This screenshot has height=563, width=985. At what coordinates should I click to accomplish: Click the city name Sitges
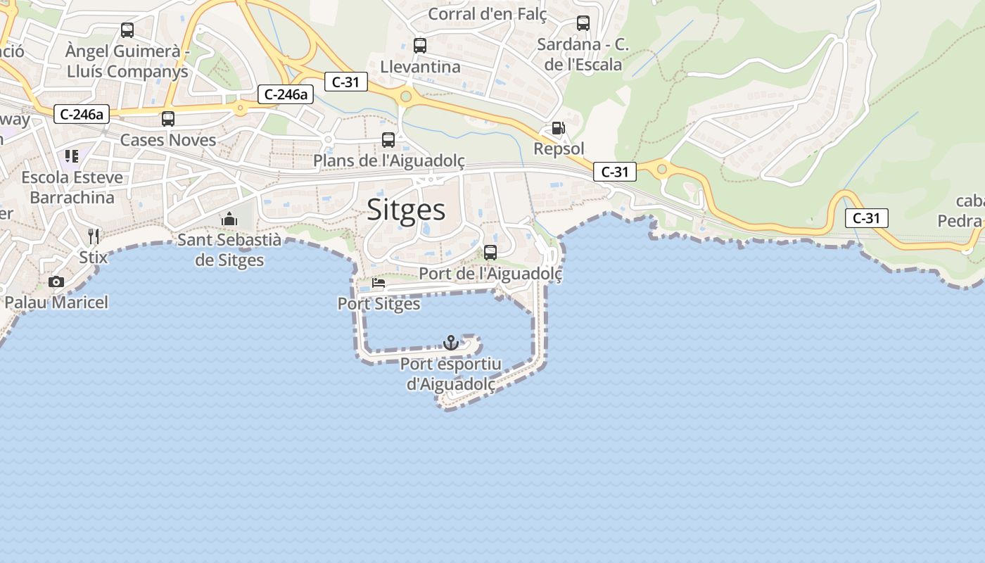[407, 210]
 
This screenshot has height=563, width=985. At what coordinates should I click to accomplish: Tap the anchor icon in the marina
[450, 343]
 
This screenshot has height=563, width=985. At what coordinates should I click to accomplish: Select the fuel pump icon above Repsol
[558, 128]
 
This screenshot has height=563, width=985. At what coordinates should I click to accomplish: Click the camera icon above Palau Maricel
[56, 281]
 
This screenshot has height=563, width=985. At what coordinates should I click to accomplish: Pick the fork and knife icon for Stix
[94, 236]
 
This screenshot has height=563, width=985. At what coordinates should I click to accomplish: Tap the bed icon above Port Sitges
[378, 284]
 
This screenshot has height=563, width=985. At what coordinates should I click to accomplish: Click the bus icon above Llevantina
[420, 46]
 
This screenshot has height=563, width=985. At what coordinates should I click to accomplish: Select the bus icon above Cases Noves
[167, 119]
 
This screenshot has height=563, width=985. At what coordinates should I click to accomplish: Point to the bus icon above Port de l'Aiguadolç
[490, 252]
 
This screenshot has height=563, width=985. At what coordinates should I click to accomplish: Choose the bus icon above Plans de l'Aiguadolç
[388, 139]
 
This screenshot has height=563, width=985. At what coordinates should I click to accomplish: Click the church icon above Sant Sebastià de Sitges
[229, 219]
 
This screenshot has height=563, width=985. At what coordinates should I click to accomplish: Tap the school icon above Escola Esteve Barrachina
[72, 156]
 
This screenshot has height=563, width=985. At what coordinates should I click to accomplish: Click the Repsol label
[559, 148]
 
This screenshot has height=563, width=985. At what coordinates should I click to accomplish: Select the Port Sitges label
[379, 304]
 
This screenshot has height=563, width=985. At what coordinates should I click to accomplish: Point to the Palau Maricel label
[56, 303]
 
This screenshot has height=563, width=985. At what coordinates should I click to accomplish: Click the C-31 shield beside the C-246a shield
[345, 82]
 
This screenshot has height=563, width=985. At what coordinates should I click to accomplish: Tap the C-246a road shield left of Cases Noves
[82, 113]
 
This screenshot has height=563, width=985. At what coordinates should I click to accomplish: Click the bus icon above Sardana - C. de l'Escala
[583, 23]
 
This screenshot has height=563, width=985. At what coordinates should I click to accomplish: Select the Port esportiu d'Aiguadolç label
[451, 374]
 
